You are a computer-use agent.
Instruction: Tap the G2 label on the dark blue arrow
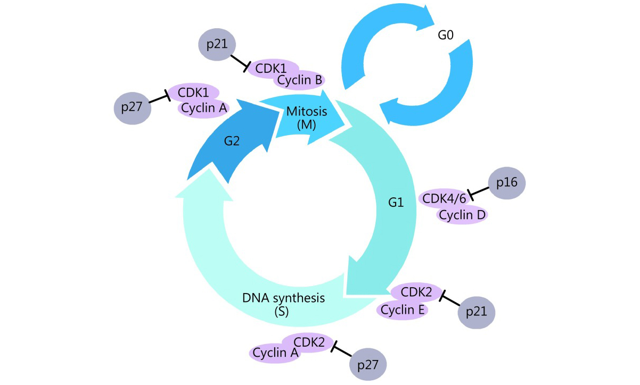(x=232, y=141)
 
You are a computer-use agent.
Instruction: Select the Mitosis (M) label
(x=307, y=118)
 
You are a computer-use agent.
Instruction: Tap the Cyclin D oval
(x=462, y=215)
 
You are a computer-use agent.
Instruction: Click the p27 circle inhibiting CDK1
(x=133, y=107)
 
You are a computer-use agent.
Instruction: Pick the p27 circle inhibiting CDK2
(x=368, y=365)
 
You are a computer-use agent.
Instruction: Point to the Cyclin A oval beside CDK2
(x=275, y=353)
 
